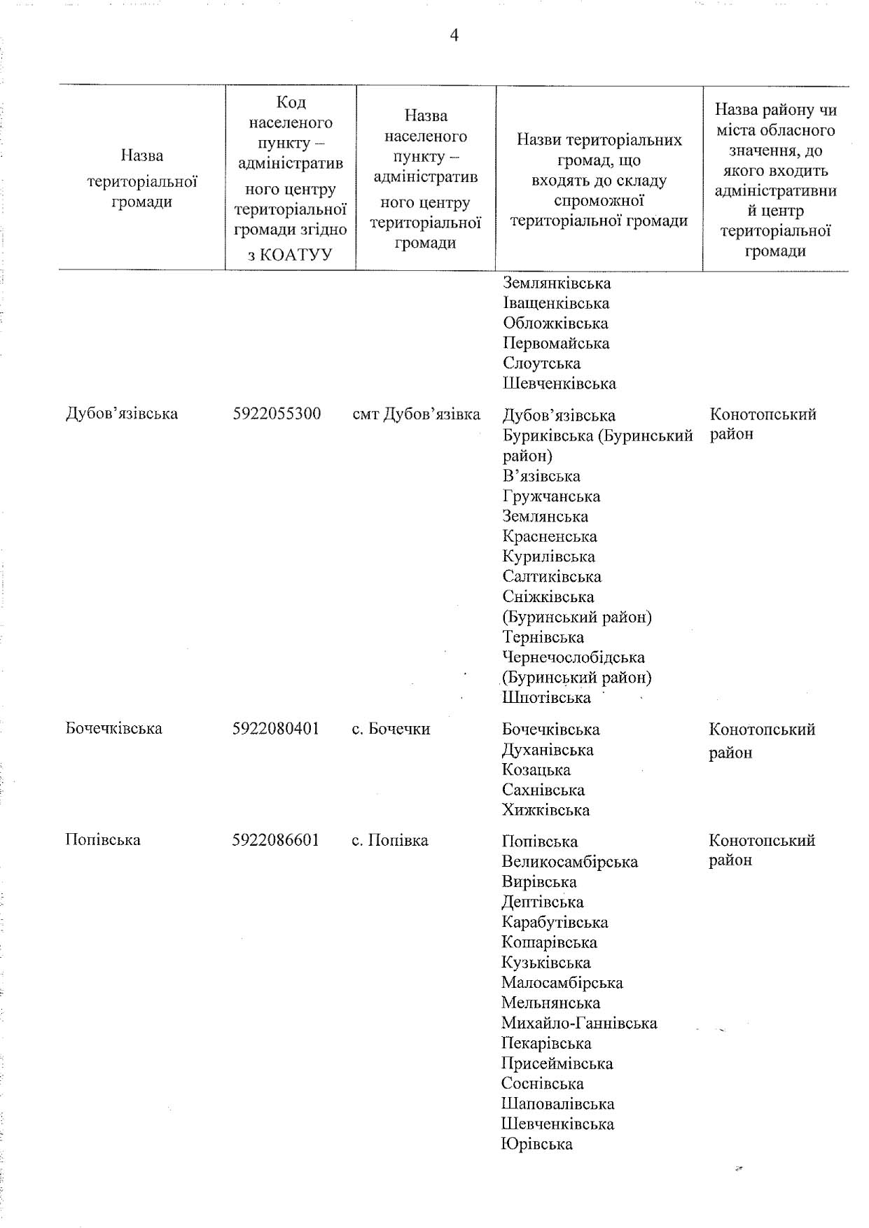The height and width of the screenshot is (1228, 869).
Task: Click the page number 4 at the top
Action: click(454, 35)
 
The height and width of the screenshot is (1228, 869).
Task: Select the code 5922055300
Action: click(277, 414)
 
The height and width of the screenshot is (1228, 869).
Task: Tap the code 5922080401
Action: click(276, 729)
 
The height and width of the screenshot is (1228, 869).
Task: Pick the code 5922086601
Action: click(276, 840)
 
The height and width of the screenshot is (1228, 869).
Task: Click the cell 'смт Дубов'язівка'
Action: click(417, 414)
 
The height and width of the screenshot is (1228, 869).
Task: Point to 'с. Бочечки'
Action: click(391, 729)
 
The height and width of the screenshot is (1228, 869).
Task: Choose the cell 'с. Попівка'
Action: click(390, 840)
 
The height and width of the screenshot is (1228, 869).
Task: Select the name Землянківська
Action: click(557, 284)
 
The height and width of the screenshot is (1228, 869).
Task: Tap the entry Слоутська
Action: click(541, 364)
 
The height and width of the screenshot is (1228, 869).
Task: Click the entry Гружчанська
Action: click(551, 496)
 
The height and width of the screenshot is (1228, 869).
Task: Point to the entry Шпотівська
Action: click(546, 698)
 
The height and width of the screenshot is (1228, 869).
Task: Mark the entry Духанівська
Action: click(548, 750)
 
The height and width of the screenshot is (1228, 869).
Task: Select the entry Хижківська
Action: click(545, 810)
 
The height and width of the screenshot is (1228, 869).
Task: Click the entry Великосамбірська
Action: click(569, 862)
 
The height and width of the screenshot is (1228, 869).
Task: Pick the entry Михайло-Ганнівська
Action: click(579, 1024)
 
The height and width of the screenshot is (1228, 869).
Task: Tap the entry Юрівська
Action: click(536, 1145)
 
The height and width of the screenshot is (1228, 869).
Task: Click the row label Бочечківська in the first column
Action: click(113, 728)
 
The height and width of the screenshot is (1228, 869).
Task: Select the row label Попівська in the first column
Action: click(102, 839)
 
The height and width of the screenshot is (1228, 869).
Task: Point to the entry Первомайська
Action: click(556, 344)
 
